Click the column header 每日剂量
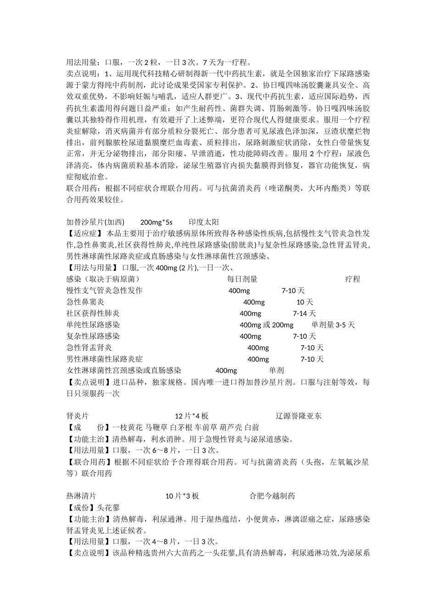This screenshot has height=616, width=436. click(x=242, y=279)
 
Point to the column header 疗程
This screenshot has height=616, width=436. click(x=352, y=279)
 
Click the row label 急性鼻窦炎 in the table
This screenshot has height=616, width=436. click(x=85, y=302)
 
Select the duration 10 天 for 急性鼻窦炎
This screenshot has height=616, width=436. click(x=305, y=302)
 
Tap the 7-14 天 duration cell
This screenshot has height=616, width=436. click(x=304, y=313)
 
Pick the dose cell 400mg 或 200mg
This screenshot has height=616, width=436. click(x=266, y=325)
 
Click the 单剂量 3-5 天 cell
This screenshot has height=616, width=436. click(x=333, y=325)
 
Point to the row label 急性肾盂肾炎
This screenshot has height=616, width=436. click(x=89, y=348)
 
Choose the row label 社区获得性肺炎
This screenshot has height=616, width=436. click(x=93, y=313)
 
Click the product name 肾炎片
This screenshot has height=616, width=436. click(x=78, y=416)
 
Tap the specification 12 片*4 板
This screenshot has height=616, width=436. click(x=192, y=416)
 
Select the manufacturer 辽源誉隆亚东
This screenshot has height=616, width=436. click(x=299, y=416)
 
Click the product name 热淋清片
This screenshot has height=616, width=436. click(x=81, y=496)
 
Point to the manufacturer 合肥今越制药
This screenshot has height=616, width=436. click(x=272, y=496)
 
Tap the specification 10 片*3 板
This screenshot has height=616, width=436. click(x=182, y=496)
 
